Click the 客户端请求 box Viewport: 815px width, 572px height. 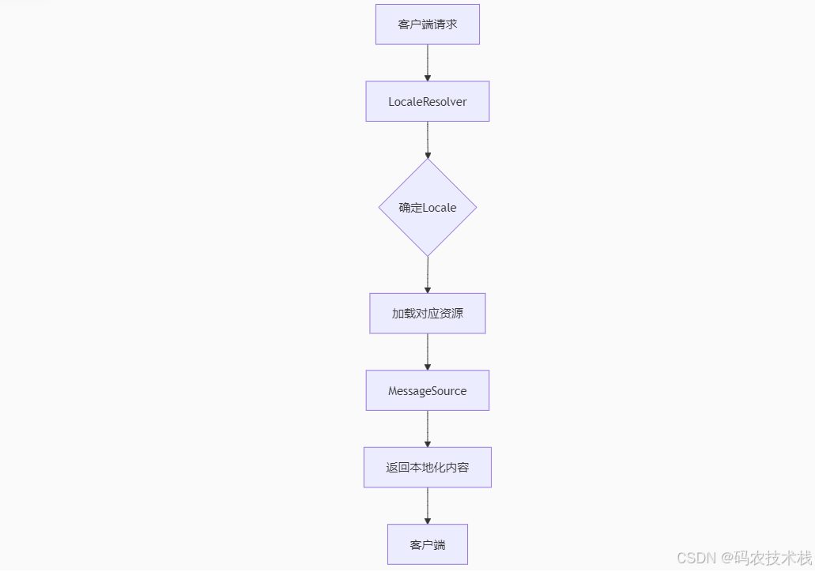(427, 24)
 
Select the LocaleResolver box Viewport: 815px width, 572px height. (427, 101)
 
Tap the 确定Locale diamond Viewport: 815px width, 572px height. (427, 207)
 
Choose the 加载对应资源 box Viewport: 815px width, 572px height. (427, 314)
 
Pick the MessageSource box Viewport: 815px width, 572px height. (427, 390)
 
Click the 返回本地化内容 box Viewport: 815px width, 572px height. (427, 467)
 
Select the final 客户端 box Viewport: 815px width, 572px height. (427, 544)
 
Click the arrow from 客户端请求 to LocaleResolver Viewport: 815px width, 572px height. (428, 62)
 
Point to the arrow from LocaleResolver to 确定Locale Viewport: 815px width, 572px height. (428, 140)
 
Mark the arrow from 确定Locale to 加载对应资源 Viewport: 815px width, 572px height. (428, 275)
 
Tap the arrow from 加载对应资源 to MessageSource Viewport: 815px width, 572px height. (428, 352)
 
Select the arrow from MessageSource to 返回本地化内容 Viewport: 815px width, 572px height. (428, 429)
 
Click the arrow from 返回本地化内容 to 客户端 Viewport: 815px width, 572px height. (428, 506)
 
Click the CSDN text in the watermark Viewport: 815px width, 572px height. (695, 557)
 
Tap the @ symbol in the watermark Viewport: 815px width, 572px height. (728, 557)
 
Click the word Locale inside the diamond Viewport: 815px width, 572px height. (440, 208)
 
